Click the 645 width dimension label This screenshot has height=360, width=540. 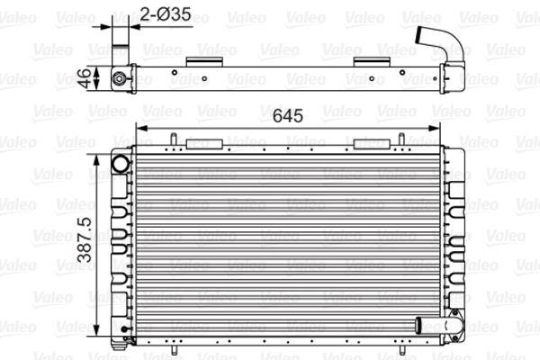(x=288, y=116)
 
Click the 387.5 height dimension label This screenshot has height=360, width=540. (x=85, y=239)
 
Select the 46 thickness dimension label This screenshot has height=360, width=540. (x=84, y=78)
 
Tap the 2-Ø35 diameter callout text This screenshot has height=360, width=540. (x=166, y=14)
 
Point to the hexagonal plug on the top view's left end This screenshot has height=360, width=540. (x=119, y=79)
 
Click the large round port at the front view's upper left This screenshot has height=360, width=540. (x=121, y=163)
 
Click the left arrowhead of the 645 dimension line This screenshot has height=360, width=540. (x=142, y=129)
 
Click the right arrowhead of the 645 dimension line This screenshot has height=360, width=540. (x=434, y=129)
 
